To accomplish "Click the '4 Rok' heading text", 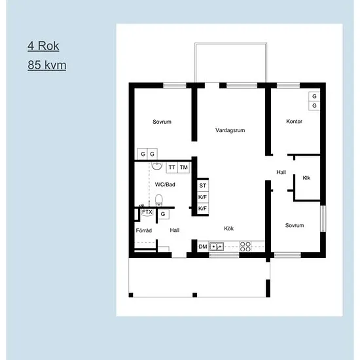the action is click(43, 46).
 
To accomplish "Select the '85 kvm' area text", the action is click(47, 65).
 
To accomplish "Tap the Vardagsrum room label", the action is click(230, 130).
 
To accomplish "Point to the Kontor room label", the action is click(294, 122).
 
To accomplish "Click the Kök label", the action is click(228, 228).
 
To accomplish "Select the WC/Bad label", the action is click(165, 185).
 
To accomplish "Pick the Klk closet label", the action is click(306, 177).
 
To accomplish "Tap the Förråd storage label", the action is click(144, 230).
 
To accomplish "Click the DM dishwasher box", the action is click(203, 247).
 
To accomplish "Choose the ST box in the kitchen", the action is click(203, 185).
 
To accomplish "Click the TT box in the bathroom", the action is click(172, 167).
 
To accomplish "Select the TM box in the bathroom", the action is click(184, 167).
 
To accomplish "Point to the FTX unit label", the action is click(147, 212).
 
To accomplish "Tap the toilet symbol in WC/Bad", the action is click(158, 200).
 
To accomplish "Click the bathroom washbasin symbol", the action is click(157, 166).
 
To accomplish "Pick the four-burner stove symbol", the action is click(245, 247).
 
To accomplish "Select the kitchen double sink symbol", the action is click(217, 247).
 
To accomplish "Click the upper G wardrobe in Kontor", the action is click(314, 96).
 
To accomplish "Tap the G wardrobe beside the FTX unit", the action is click(163, 214).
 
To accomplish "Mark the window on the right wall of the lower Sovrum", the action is click(323, 219).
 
